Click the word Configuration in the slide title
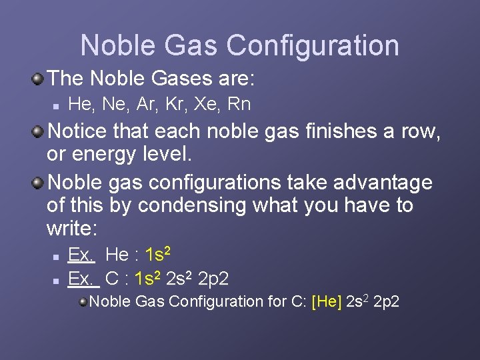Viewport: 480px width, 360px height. tap(313, 46)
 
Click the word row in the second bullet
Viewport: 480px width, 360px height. tap(420, 131)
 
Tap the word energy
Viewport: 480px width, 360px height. tap(102, 155)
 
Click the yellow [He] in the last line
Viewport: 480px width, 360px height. tap(326, 301)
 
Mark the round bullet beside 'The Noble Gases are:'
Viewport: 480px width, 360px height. tap(39, 79)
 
